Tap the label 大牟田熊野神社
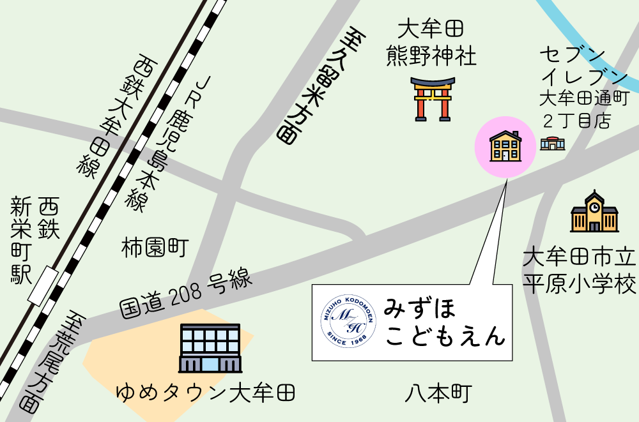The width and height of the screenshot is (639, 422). pos(431,43)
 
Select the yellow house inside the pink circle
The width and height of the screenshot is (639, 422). pos(505,146)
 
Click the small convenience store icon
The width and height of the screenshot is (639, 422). pos(552,144)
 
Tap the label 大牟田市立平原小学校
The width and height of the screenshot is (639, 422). pos(580,271)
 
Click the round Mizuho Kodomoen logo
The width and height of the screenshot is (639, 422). pos(348,322)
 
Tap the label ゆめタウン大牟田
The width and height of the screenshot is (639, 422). pos(206,391)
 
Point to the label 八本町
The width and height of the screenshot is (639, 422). pos(438,393)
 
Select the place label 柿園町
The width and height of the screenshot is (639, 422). pos(155,248)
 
